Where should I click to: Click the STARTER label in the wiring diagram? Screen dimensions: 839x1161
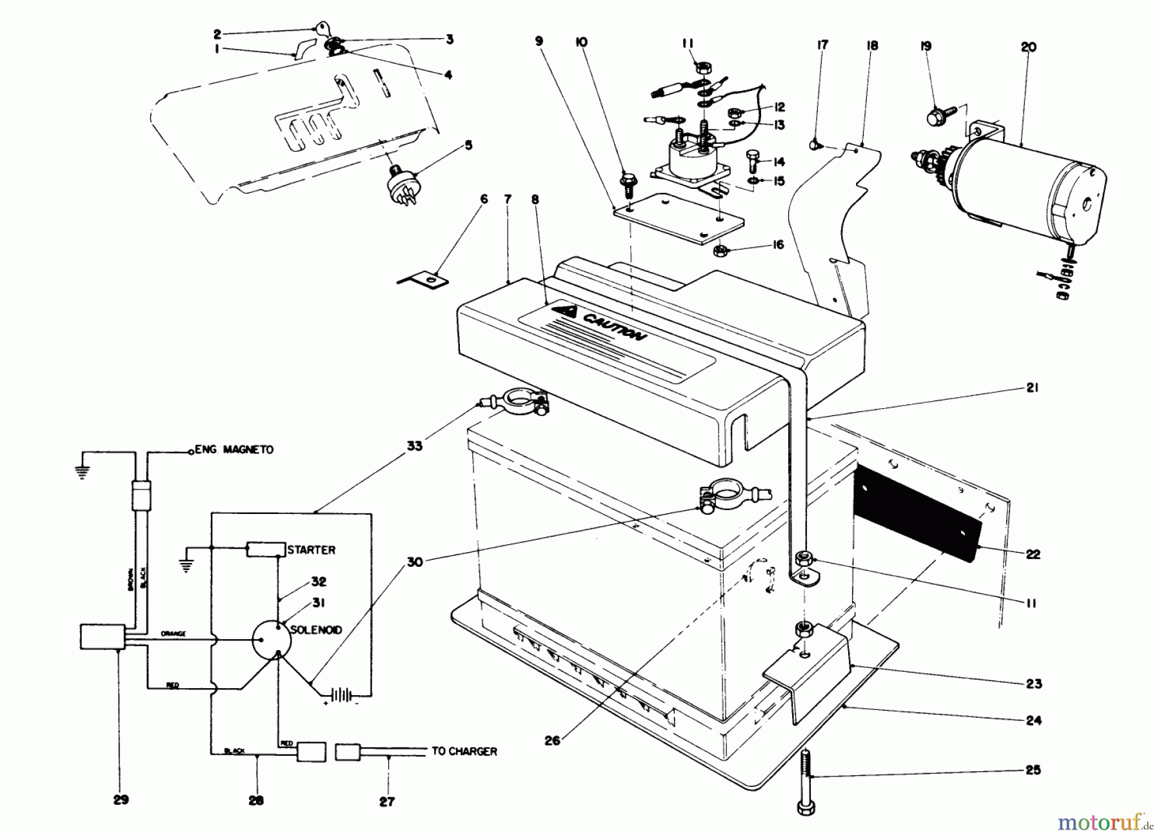(311, 550)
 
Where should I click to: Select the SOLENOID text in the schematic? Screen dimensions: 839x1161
(316, 629)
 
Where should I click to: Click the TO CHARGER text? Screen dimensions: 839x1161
(464, 751)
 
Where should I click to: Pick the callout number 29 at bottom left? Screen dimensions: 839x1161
(121, 800)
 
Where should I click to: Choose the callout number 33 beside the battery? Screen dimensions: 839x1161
(415, 446)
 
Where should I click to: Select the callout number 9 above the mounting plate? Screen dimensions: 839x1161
(539, 42)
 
